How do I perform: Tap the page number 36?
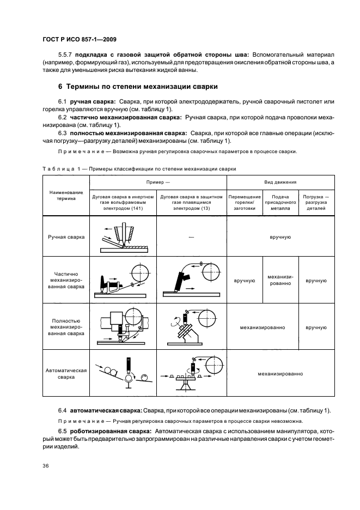[x=45, y=465]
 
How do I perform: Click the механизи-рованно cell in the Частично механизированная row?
[x=280, y=281]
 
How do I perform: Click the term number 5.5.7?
[x=66, y=54]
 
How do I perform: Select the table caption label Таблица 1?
[x=60, y=169]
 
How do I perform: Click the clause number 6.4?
[x=62, y=409]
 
